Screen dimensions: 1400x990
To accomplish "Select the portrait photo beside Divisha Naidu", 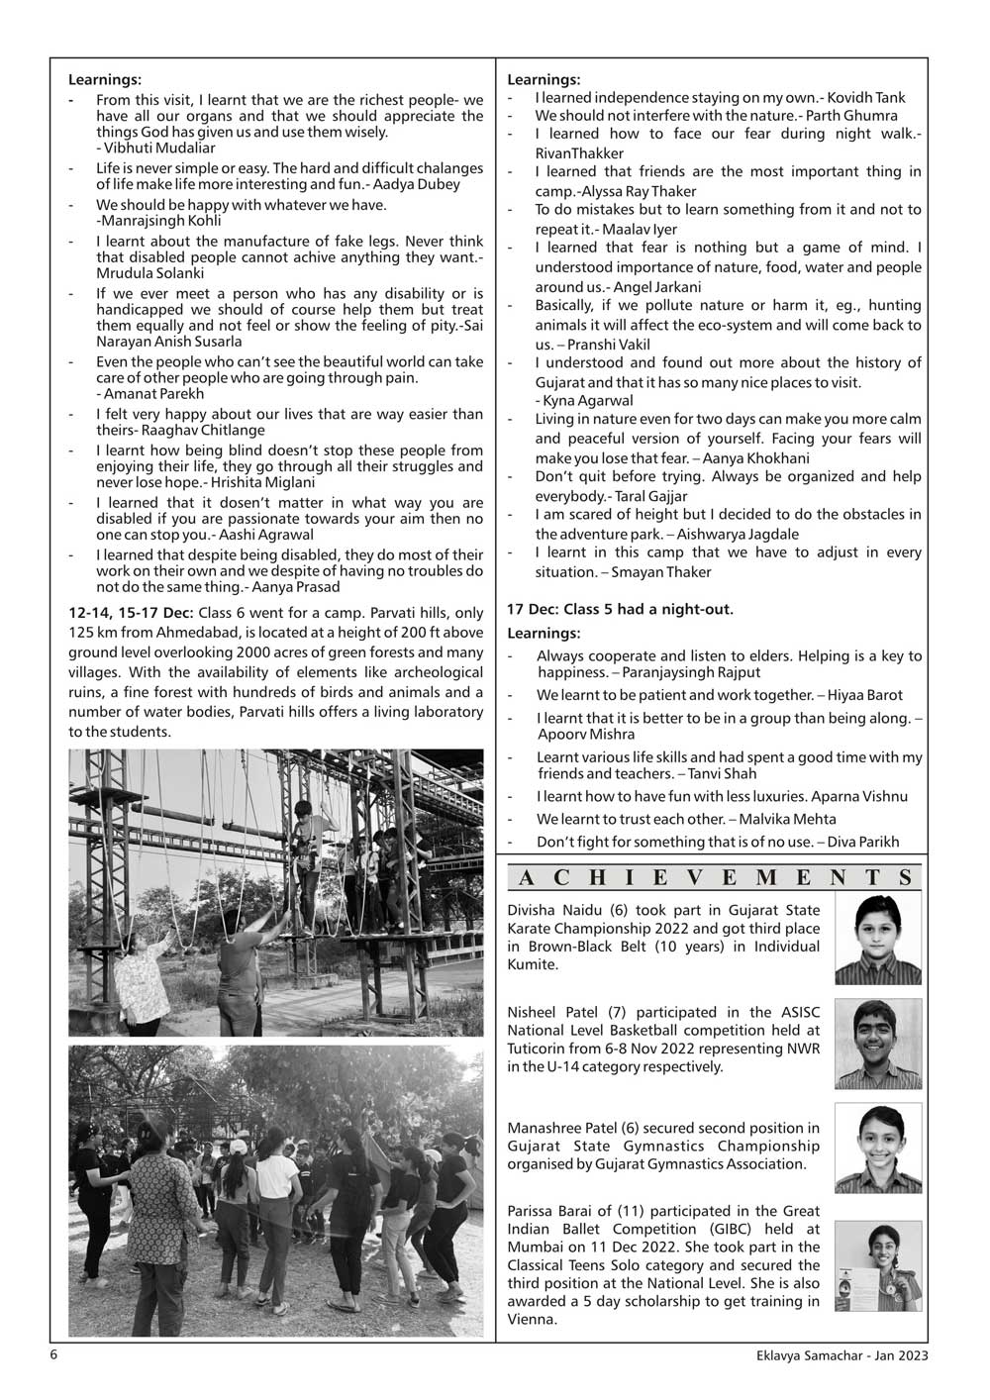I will tap(877, 939).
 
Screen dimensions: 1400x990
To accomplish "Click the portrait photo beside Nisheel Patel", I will tap(877, 1044).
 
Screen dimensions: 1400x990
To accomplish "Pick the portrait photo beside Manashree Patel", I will tap(877, 1148).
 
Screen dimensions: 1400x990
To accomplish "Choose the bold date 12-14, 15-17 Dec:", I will tap(131, 613).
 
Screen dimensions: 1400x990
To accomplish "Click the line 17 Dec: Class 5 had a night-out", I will tap(620, 609).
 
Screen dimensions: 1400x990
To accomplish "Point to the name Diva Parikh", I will tap(863, 842).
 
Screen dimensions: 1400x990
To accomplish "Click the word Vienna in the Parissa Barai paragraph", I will tap(533, 1320).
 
